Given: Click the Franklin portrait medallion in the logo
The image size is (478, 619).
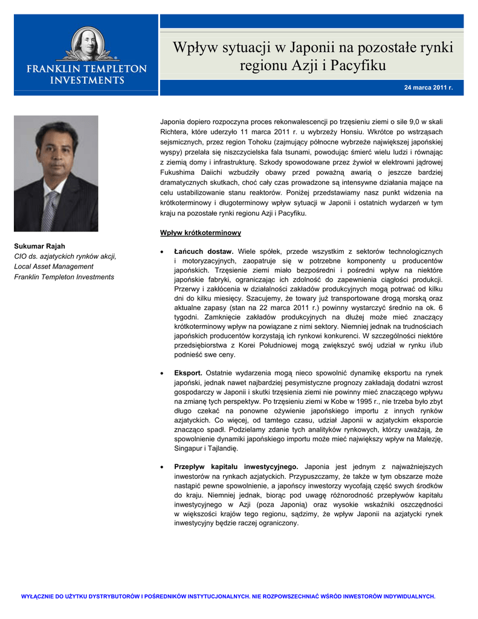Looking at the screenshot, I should [x=86, y=46].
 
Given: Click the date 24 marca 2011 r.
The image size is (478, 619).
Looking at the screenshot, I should [x=428, y=88].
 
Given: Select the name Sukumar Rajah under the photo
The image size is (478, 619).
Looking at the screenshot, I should [x=40, y=246].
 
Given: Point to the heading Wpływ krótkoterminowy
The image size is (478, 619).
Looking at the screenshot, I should [x=201, y=233].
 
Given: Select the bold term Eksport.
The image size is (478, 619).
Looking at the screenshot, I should [x=187, y=373].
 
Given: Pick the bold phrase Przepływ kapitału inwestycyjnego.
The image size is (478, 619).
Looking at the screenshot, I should [x=236, y=467].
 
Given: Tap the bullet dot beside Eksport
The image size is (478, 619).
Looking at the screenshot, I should [x=161, y=374].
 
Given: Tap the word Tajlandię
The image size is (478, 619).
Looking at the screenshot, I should [x=222, y=448].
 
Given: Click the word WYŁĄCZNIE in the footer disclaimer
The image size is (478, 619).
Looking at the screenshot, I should [x=38, y=596].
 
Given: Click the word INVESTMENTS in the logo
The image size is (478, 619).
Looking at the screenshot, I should [x=86, y=80].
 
